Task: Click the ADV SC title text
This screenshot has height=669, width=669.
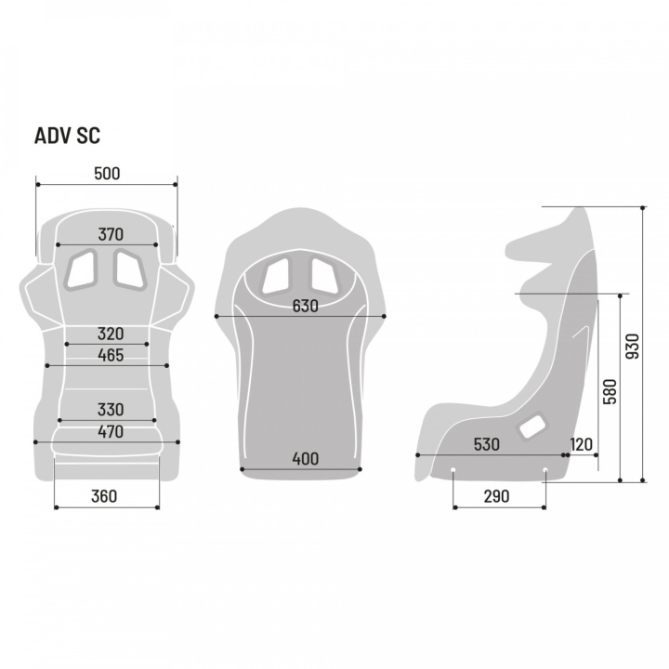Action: point(67,136)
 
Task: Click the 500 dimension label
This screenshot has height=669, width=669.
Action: point(107,174)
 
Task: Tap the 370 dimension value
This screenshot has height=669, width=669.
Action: point(111,234)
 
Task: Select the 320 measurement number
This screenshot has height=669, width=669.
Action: point(111,334)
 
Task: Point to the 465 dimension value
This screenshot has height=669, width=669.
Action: point(111,355)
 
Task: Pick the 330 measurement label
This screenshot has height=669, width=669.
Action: point(111,410)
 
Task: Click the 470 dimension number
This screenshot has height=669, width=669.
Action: point(111,431)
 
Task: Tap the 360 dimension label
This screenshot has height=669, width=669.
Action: point(104,496)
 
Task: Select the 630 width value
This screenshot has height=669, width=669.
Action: point(306,306)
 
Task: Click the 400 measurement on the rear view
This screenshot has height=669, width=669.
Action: point(306,459)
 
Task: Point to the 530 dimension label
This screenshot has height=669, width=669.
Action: point(486,444)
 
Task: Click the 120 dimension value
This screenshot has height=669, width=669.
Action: point(581,444)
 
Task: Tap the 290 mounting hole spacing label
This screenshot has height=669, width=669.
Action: point(496,496)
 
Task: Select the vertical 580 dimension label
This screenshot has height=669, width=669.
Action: point(610,392)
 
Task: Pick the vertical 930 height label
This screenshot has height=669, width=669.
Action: point(633,346)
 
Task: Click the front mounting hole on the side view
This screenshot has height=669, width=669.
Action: point(453,470)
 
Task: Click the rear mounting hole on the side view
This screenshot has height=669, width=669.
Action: point(544,470)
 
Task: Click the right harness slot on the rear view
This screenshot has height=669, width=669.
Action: point(325,276)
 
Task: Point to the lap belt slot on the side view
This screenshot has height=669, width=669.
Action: point(531,425)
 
